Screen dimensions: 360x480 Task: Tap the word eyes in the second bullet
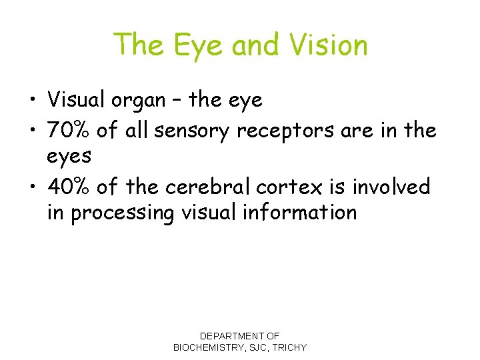click(x=69, y=156)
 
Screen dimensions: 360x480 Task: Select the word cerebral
click(x=205, y=187)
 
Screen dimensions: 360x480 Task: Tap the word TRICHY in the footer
click(x=288, y=347)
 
